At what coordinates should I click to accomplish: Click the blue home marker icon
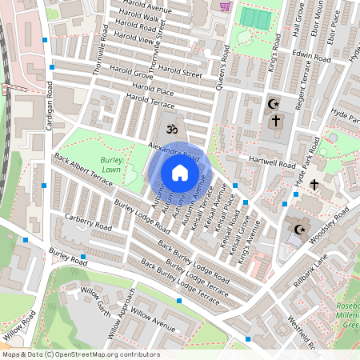[180, 172]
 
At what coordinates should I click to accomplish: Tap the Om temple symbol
[169, 127]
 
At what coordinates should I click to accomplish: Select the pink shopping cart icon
[226, 6]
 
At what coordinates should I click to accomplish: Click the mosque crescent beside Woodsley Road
[301, 230]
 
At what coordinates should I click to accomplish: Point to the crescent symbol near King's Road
[274, 104]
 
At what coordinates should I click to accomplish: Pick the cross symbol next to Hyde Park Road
[314, 185]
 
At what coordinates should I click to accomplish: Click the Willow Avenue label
[153, 319]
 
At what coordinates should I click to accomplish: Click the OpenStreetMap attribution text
[80, 354]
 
